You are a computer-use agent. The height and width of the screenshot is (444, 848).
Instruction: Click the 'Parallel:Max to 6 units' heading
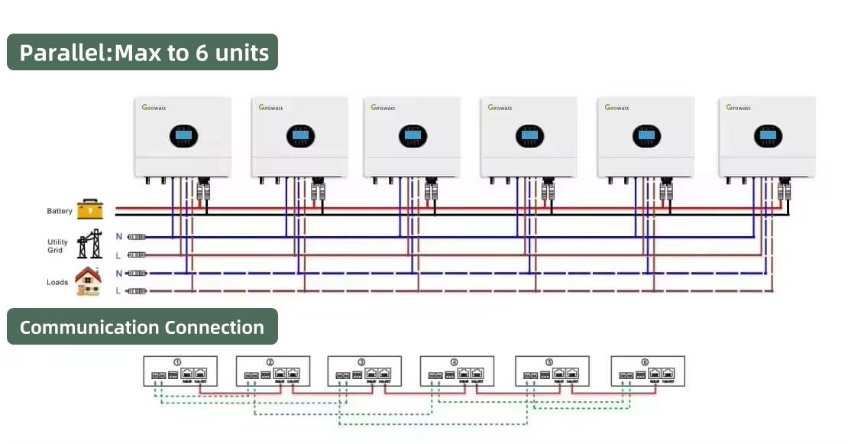tap(144, 53)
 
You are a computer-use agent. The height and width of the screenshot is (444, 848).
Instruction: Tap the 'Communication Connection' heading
tap(142, 327)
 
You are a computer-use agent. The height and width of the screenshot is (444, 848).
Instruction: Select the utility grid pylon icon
tap(90, 244)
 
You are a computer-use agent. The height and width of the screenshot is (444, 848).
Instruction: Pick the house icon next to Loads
tap(89, 281)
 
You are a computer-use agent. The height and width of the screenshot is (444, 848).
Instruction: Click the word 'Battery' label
tap(60, 212)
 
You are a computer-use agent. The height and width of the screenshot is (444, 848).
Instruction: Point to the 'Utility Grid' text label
tap(57, 246)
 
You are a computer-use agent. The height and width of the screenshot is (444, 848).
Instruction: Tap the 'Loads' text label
tap(57, 282)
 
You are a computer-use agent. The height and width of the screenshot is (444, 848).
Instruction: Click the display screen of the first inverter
tap(183, 137)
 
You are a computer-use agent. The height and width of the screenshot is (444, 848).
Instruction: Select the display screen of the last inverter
tap(767, 137)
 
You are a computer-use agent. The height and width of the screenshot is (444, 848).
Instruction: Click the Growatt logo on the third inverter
tap(384, 108)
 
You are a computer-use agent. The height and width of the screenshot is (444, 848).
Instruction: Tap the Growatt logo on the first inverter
tap(155, 108)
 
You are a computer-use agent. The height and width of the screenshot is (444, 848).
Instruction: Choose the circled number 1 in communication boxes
tap(177, 362)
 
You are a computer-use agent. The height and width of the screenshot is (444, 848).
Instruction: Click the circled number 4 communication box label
tap(455, 362)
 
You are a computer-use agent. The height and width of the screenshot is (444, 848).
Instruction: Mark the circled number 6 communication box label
tap(645, 362)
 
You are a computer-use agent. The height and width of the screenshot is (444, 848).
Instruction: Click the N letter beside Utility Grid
tap(119, 237)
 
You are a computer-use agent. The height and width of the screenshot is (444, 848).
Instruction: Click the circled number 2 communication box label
tap(270, 362)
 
